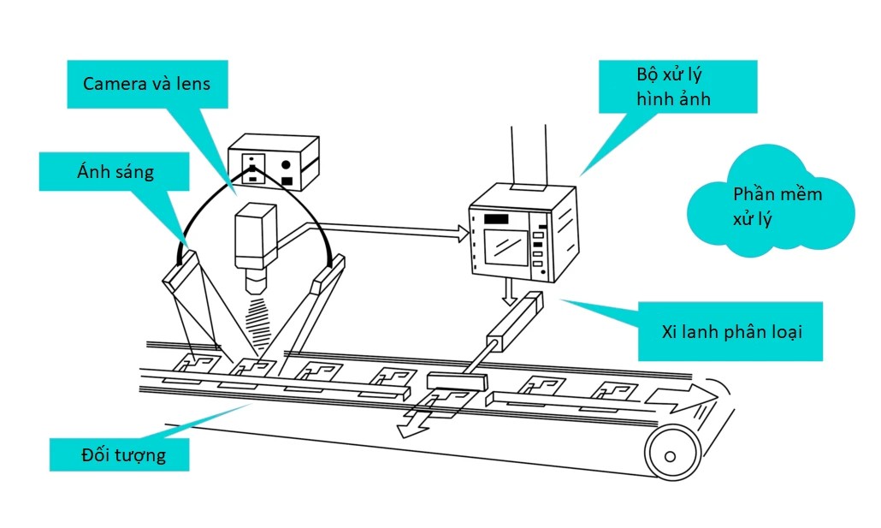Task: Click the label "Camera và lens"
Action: pos(146,84)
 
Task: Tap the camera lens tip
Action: pos(255,282)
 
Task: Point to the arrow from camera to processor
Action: pos(385,229)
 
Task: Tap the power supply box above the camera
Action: pos(273,162)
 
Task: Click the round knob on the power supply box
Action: pos(287,163)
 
